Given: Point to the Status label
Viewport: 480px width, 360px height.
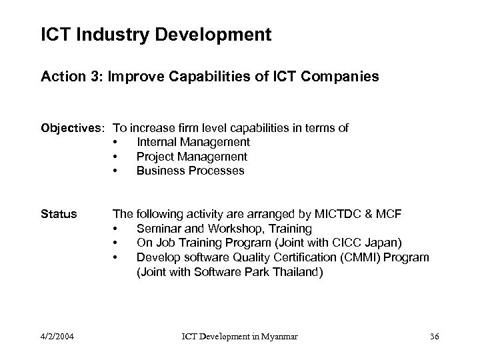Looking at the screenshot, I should [59, 214].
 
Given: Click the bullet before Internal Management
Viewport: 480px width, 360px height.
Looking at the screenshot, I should [116, 142].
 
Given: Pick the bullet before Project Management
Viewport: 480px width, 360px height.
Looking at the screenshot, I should [116, 157].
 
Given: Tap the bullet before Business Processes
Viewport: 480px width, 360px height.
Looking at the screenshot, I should [116, 171].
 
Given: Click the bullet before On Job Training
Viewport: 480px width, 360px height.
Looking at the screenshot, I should [116, 243].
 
